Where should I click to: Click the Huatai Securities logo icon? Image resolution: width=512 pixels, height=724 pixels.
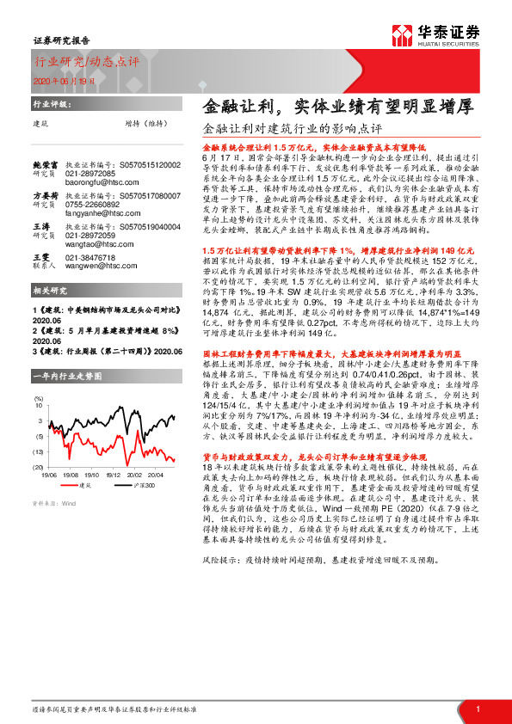tap(404, 34)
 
